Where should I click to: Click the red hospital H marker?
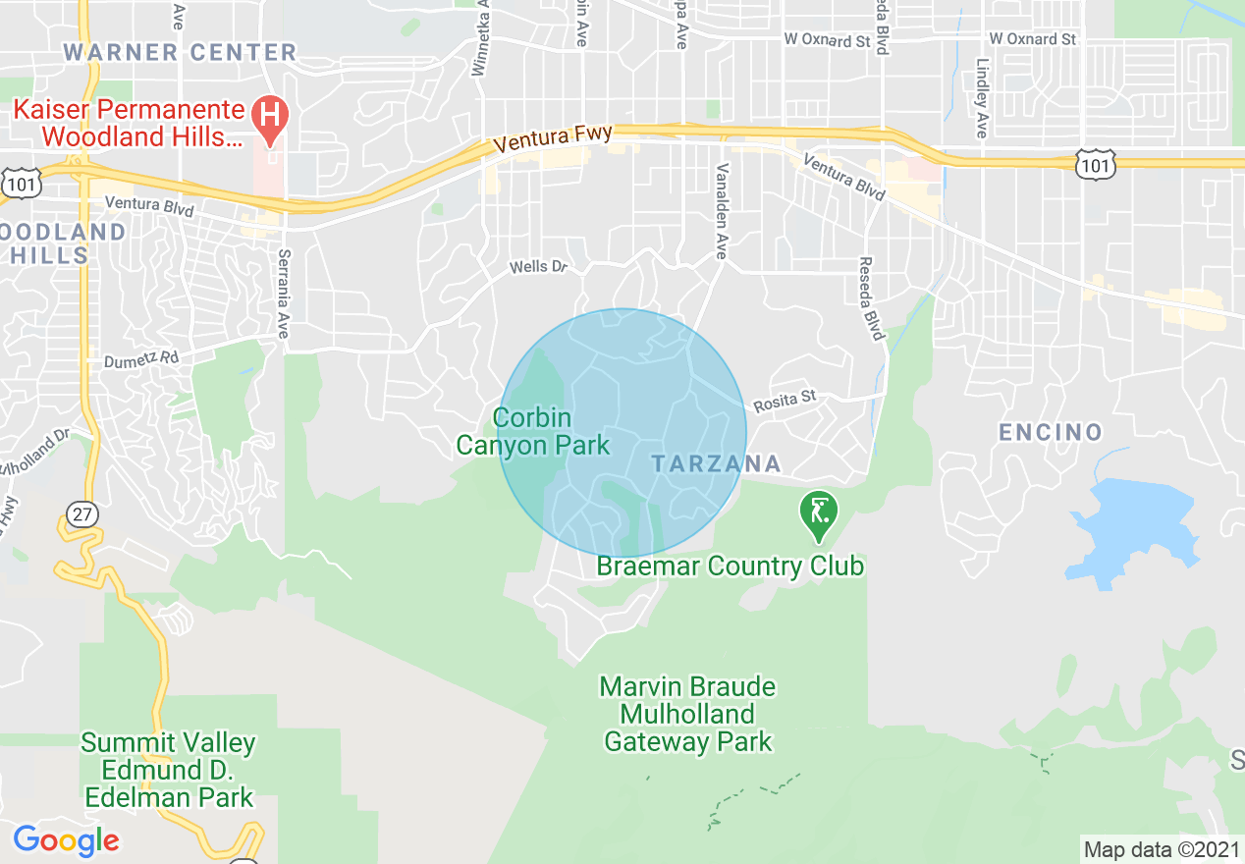tap(270, 117)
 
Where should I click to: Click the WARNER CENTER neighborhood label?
tap(180, 52)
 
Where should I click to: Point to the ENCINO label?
tap(1051, 432)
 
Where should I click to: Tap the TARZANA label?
tap(715, 463)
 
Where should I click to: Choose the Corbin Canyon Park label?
tap(533, 431)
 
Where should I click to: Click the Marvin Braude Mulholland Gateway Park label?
tap(688, 714)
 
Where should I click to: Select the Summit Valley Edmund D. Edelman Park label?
tap(169, 770)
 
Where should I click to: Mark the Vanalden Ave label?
tap(722, 211)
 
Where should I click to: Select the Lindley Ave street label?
tap(982, 98)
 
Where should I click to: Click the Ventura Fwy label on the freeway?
tap(553, 137)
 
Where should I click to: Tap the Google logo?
tap(66, 840)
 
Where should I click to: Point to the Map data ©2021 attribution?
tap(1162, 849)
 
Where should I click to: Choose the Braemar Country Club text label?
tap(731, 567)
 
